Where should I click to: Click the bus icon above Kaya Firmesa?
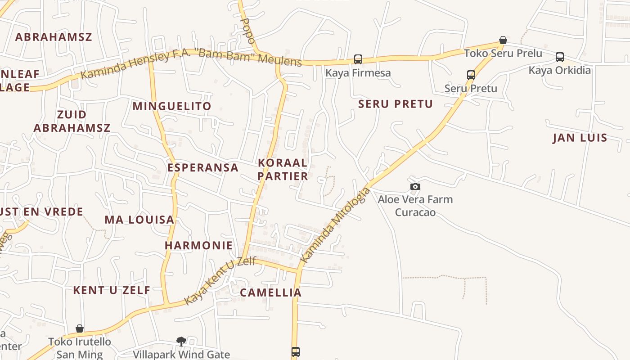pos(358,59)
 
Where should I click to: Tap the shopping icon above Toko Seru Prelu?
pos(503,40)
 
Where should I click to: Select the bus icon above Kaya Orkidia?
pos(560,57)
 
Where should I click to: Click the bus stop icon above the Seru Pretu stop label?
pos(471,75)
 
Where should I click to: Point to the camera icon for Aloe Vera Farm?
pos(415,186)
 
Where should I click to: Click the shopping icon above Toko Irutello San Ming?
pos(80,328)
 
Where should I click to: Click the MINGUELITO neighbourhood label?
pos(172,106)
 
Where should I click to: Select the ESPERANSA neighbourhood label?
pos(203,168)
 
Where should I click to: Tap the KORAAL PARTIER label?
pos(283,169)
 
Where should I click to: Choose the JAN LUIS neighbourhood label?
pos(580,138)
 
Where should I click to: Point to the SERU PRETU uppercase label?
pos(396,104)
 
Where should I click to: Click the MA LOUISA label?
pos(139,220)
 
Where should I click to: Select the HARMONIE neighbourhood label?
pos(199,246)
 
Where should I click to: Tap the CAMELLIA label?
pos(271,292)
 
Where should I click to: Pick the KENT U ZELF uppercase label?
pos(112,290)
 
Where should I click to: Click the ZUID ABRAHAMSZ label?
pos(72,121)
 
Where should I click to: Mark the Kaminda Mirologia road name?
pos(336,225)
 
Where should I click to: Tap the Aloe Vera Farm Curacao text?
pos(415,206)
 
